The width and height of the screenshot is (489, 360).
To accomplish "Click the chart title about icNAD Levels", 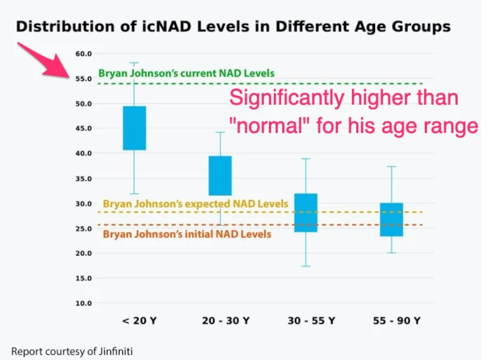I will [x=233, y=27].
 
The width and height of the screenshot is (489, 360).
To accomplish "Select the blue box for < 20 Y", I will [x=134, y=128].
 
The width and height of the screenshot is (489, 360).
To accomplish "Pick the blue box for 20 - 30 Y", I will [x=220, y=175].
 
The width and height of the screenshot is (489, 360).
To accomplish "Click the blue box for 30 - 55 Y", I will [x=306, y=213].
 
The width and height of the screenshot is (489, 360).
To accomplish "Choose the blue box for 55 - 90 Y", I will [x=392, y=219].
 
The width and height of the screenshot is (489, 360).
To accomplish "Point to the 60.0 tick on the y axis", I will [x=84, y=54].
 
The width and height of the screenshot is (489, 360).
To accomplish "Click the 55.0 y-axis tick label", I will [x=84, y=79].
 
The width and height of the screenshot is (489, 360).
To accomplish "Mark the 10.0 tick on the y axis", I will [x=84, y=303].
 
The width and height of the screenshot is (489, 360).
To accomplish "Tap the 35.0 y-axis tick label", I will [x=84, y=179].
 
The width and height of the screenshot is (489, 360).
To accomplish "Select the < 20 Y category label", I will [x=140, y=321].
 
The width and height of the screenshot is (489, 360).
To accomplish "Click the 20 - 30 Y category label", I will [x=226, y=321].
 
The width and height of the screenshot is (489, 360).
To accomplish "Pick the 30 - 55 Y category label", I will [x=312, y=321].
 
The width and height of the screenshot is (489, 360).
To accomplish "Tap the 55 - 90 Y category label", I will [x=397, y=321].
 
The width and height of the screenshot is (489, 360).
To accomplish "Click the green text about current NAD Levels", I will [x=187, y=73].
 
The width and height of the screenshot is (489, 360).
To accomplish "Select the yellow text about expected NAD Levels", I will [x=196, y=203].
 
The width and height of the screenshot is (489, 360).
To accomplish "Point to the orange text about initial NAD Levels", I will [x=187, y=234].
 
